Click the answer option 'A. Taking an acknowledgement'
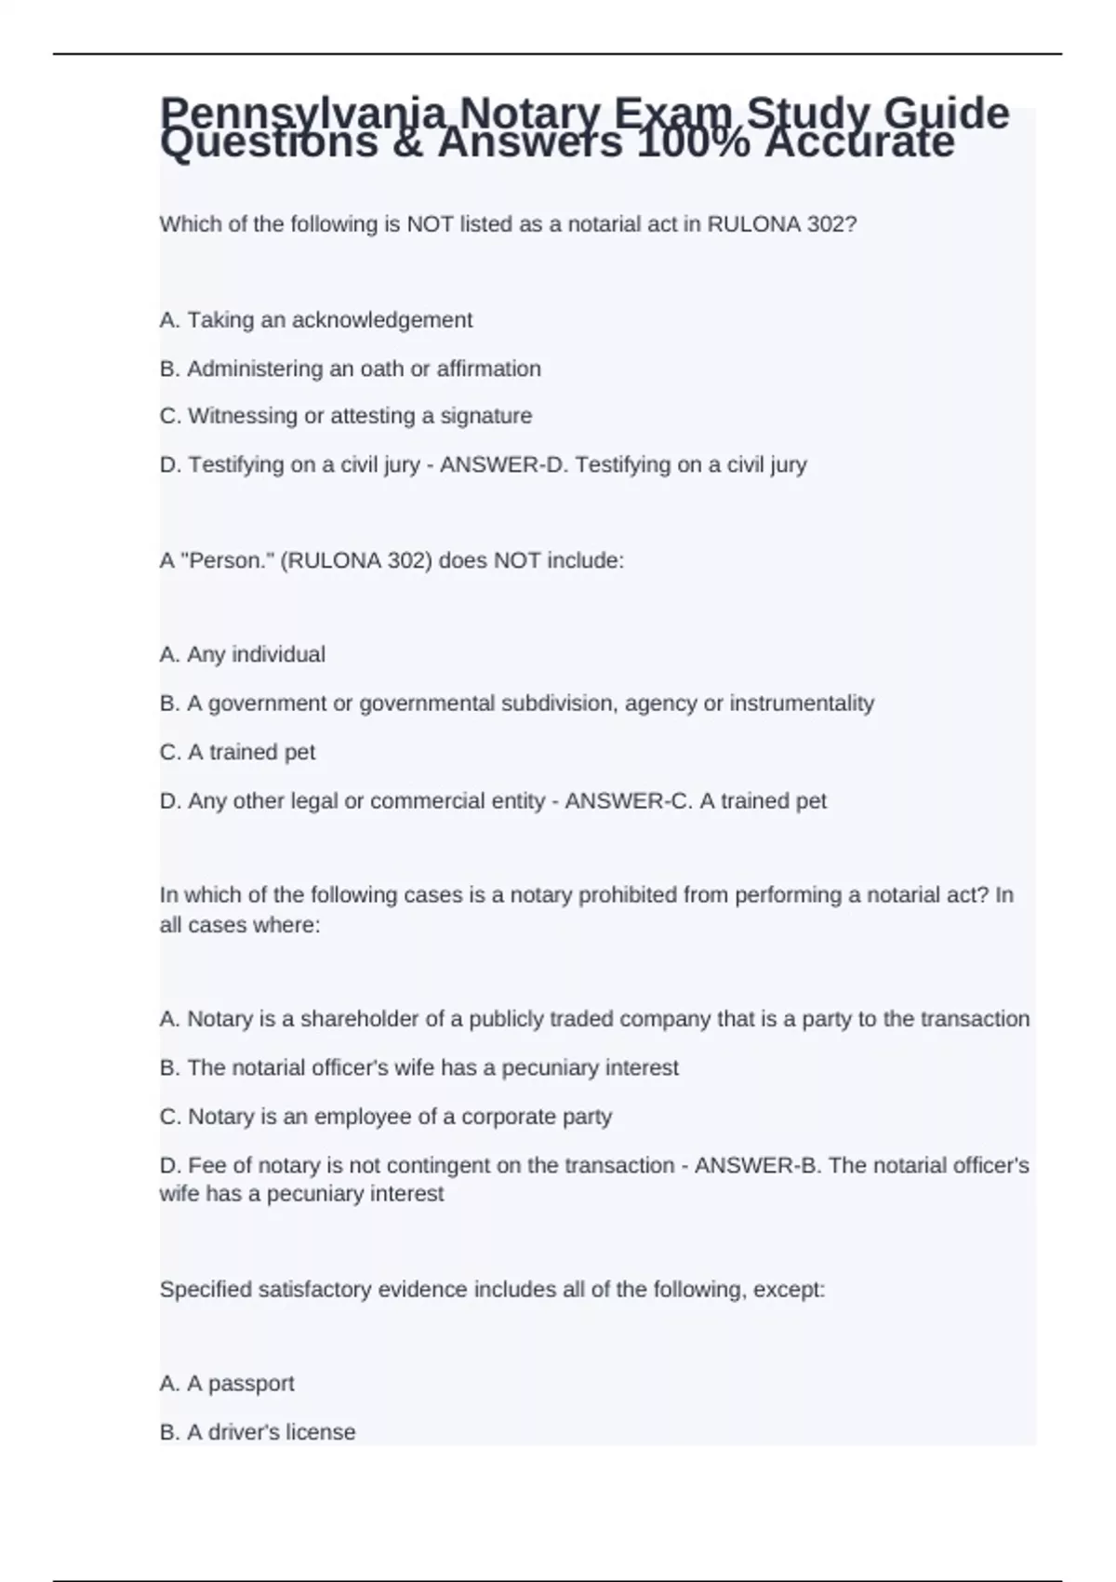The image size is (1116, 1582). click(x=316, y=320)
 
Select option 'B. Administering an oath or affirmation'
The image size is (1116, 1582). click(x=350, y=369)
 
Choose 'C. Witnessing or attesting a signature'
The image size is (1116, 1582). click(x=346, y=416)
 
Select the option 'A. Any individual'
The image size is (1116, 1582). click(x=243, y=655)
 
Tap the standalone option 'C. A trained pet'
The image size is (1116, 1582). click(x=237, y=752)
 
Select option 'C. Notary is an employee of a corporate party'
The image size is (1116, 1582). click(x=386, y=1117)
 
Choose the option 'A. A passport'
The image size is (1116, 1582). click(x=227, y=1384)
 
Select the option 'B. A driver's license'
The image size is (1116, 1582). click(x=258, y=1432)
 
